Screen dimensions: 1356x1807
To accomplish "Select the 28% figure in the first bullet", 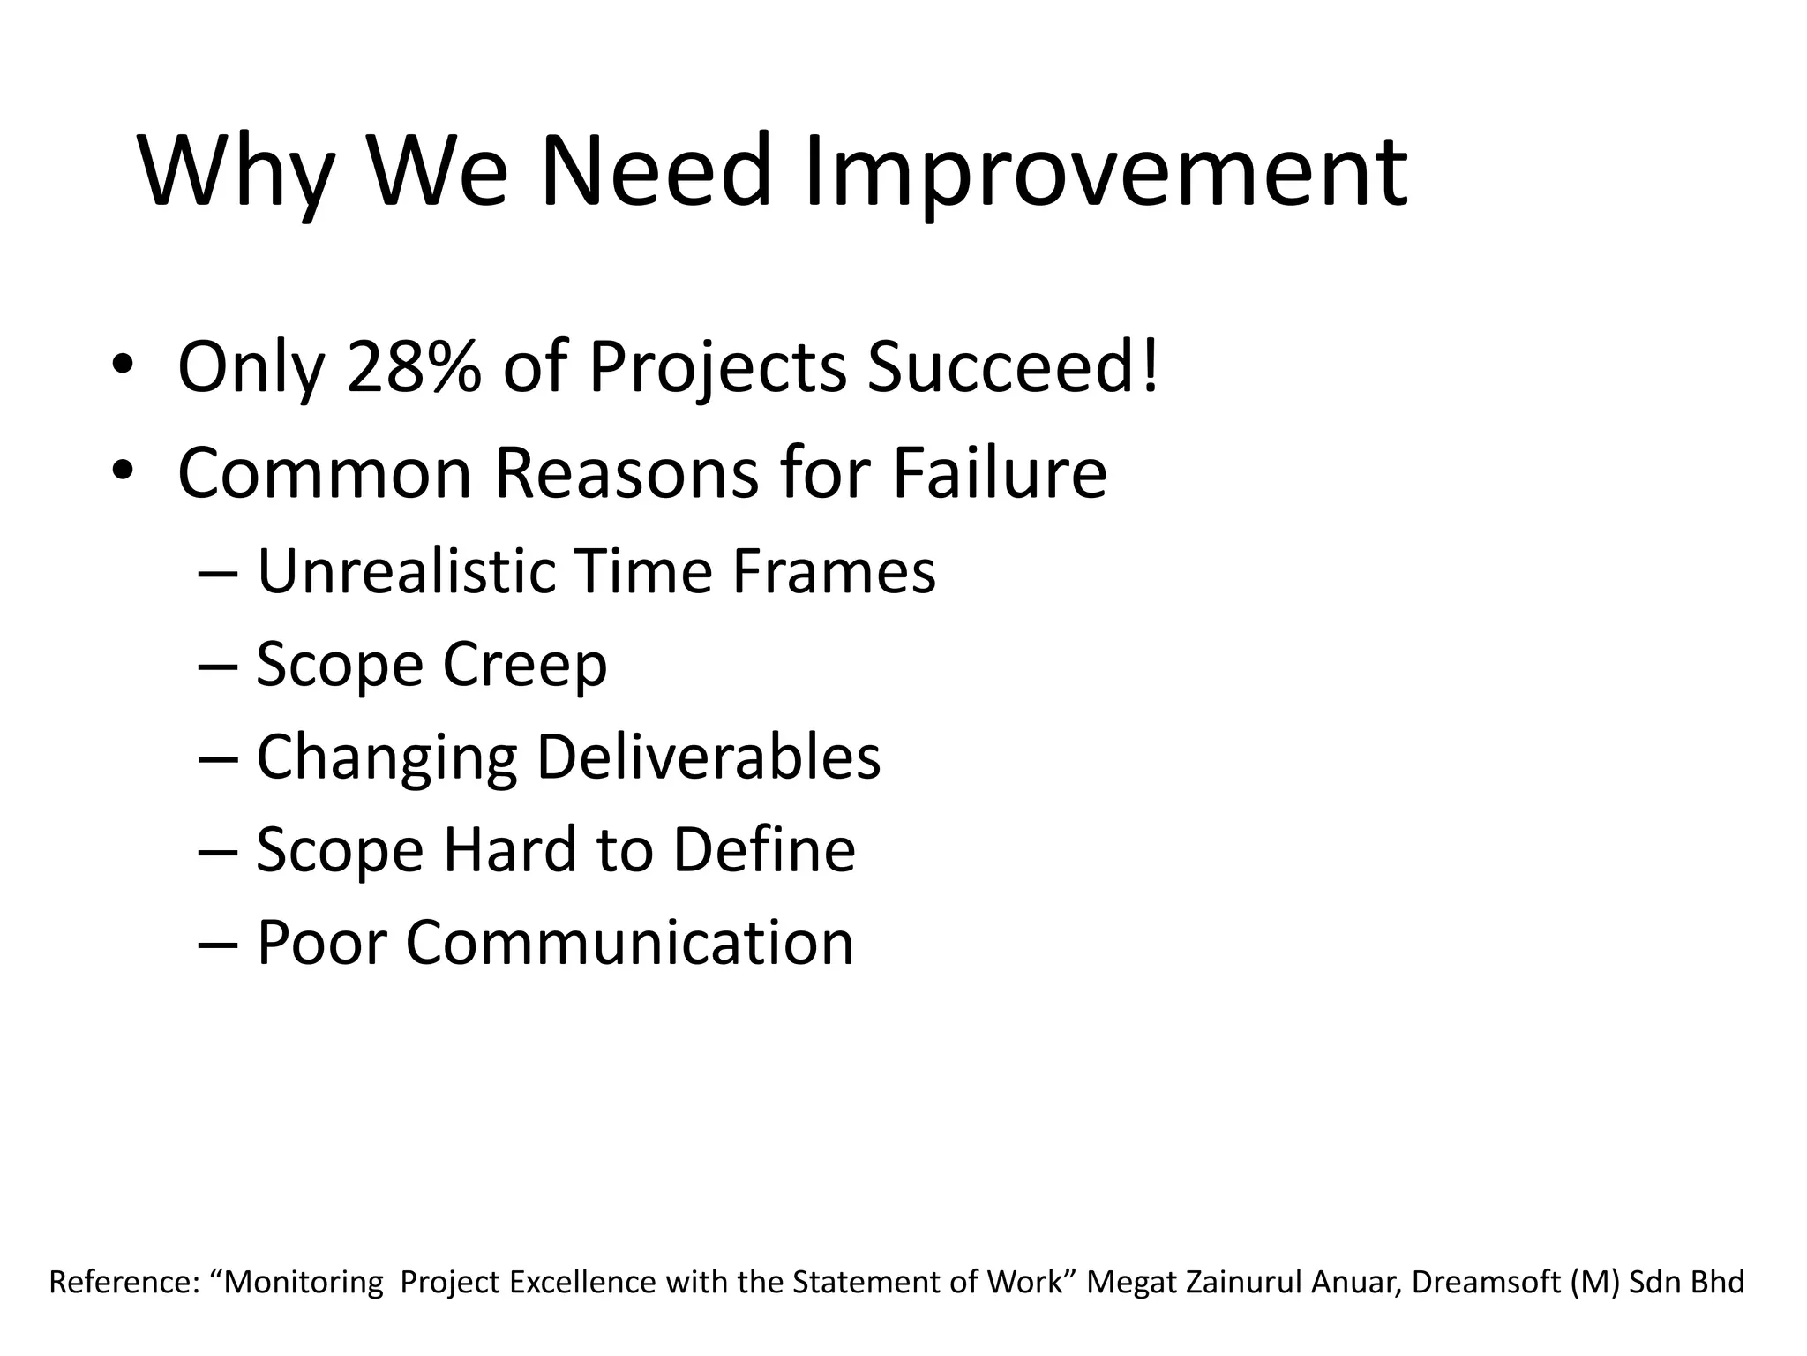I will click(415, 367).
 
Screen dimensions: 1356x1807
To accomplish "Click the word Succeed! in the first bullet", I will click(1012, 367).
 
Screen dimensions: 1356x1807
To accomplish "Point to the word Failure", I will click(999, 473).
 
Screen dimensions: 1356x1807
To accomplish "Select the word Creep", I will click(524, 664).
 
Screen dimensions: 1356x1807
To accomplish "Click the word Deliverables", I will click(708, 757).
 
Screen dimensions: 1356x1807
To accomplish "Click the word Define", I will click(764, 849).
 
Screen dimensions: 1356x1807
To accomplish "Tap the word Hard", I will click(511, 849).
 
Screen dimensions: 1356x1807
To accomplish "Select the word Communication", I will click(629, 942).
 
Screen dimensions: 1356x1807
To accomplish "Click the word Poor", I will click(321, 942).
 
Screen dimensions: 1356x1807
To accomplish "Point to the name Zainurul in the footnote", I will click(1244, 1282).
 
